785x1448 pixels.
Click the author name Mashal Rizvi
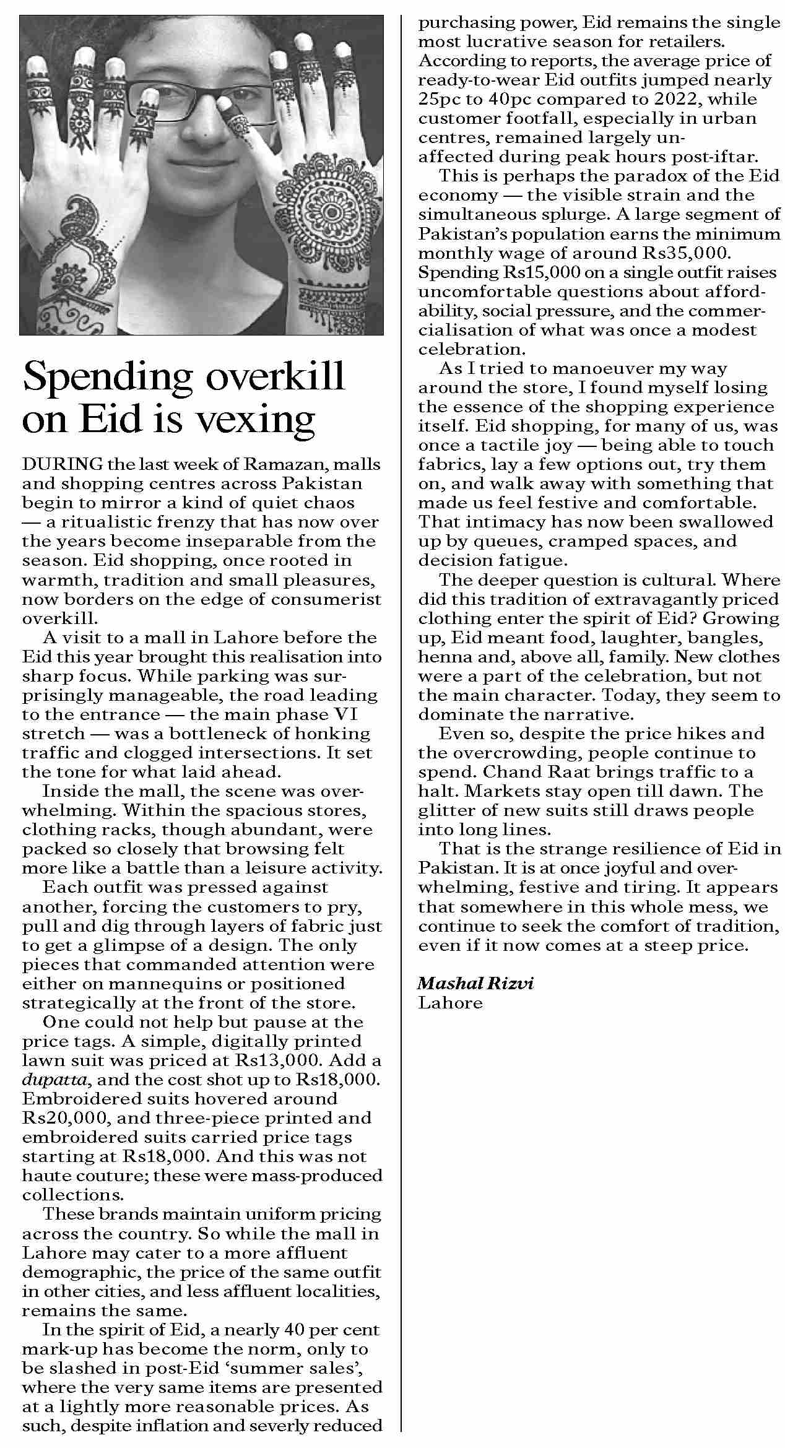[x=475, y=983]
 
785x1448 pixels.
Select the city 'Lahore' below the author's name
[x=450, y=1002]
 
